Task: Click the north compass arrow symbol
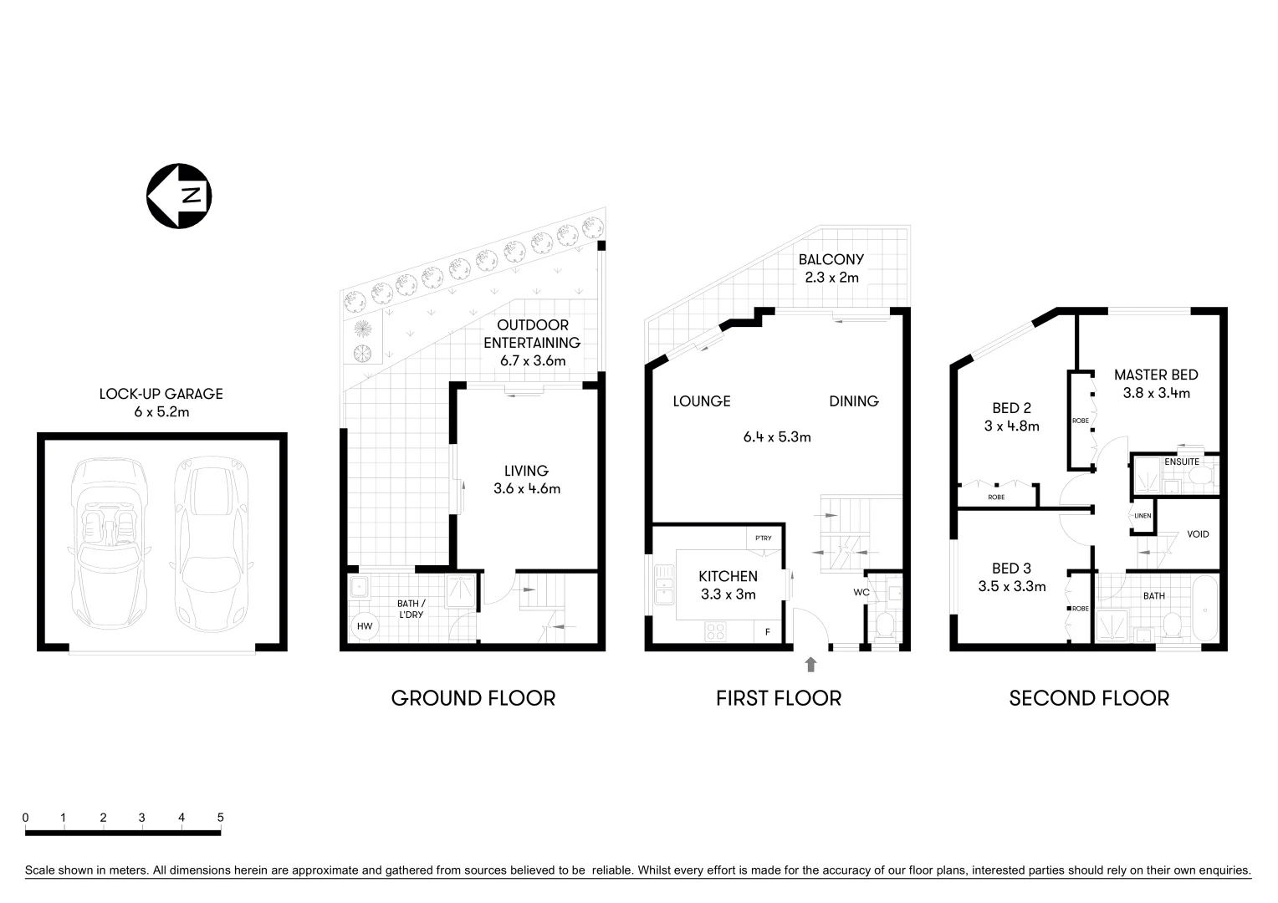tap(179, 196)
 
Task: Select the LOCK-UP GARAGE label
tap(161, 394)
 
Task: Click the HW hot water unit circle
tap(365, 625)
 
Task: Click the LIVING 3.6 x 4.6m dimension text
tap(527, 489)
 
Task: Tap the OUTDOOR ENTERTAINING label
tap(532, 334)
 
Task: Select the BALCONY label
tap(831, 259)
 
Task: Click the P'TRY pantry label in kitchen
tap(763, 538)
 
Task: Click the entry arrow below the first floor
tap(810, 665)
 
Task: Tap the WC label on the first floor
tap(861, 592)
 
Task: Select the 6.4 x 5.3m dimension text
tap(777, 436)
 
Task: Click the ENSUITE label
tap(1181, 462)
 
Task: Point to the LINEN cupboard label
tap(1143, 516)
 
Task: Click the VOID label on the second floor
tap(1198, 534)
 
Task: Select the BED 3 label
tap(1011, 569)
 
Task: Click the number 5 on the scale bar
tap(220, 818)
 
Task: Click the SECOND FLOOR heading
tap(1089, 698)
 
